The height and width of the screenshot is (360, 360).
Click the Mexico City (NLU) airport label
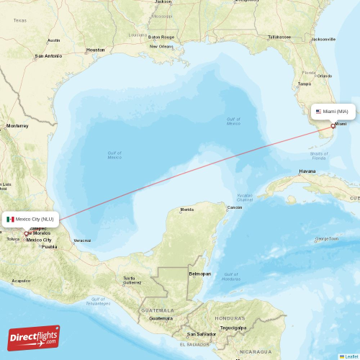34,219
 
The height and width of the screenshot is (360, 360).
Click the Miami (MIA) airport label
335,112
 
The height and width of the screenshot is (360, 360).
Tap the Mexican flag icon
11,219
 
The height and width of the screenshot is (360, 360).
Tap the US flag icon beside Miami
318,112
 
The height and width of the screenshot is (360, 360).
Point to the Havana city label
307,171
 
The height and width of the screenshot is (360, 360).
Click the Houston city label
95,50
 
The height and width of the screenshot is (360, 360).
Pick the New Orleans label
161,47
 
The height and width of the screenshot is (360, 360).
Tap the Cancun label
235,207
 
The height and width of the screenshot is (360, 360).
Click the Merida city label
187,210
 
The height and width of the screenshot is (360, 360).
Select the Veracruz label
82,240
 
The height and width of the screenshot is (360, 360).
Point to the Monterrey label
17,126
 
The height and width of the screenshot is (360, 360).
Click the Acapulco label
21,281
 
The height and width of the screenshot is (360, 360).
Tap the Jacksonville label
324,39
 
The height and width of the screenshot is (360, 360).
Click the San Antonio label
48,55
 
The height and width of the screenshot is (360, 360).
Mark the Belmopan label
199,274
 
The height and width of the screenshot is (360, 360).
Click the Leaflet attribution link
350,356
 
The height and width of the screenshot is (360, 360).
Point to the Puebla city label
49,246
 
